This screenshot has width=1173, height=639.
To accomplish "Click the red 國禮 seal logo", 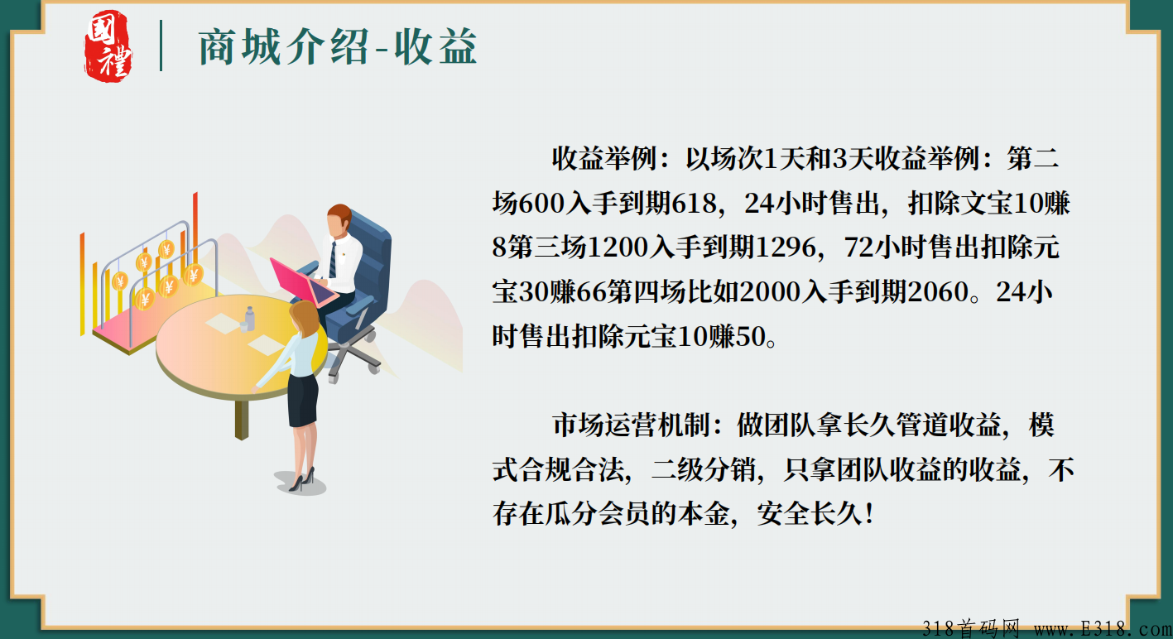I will pos(108,46).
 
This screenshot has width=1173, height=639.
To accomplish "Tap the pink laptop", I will pos(303,281).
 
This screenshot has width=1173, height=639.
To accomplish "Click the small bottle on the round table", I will pos(248,319).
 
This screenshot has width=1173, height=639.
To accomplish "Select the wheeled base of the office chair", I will pos(352,360).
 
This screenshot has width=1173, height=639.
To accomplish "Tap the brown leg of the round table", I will pos(242,419).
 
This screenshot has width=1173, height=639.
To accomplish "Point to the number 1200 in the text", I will pos(618,247).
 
